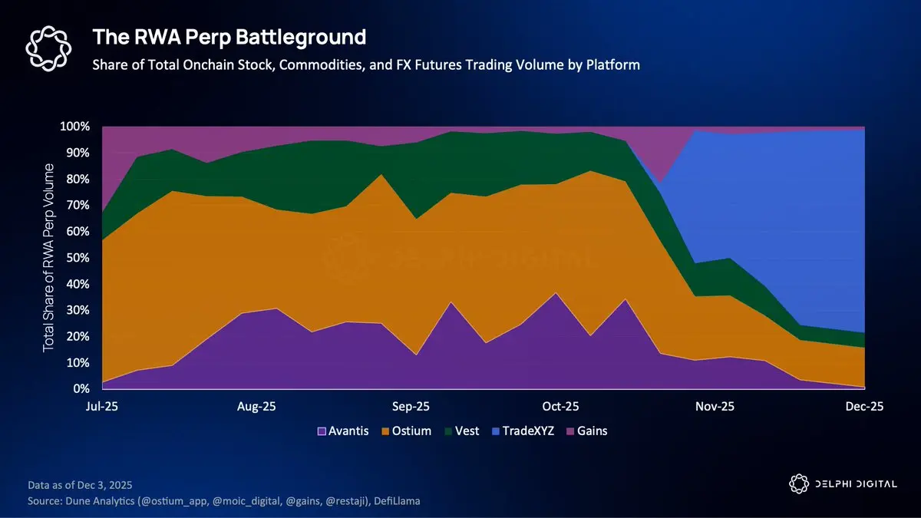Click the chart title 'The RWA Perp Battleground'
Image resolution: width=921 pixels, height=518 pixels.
(229, 36)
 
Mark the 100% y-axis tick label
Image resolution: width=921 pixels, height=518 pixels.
(76, 127)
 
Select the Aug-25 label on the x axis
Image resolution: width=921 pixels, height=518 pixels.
(257, 407)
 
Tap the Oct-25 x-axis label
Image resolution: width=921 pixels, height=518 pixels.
(561, 407)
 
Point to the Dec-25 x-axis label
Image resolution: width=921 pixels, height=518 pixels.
(864, 407)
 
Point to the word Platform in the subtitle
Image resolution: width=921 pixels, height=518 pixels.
(612, 64)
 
